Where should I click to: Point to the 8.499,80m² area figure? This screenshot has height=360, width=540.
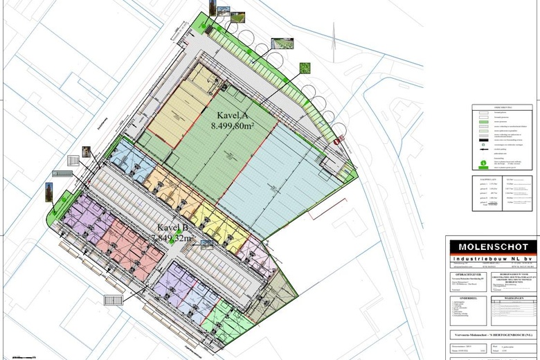coord(233,126)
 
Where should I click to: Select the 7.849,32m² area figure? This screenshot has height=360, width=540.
coord(172,238)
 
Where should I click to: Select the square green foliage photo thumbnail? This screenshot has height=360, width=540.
coord(304,69)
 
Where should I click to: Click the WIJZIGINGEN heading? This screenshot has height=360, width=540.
coord(513,298)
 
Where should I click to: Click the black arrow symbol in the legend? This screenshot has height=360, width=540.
coord(480,151)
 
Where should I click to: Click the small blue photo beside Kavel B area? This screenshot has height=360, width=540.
coord(206,242)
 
